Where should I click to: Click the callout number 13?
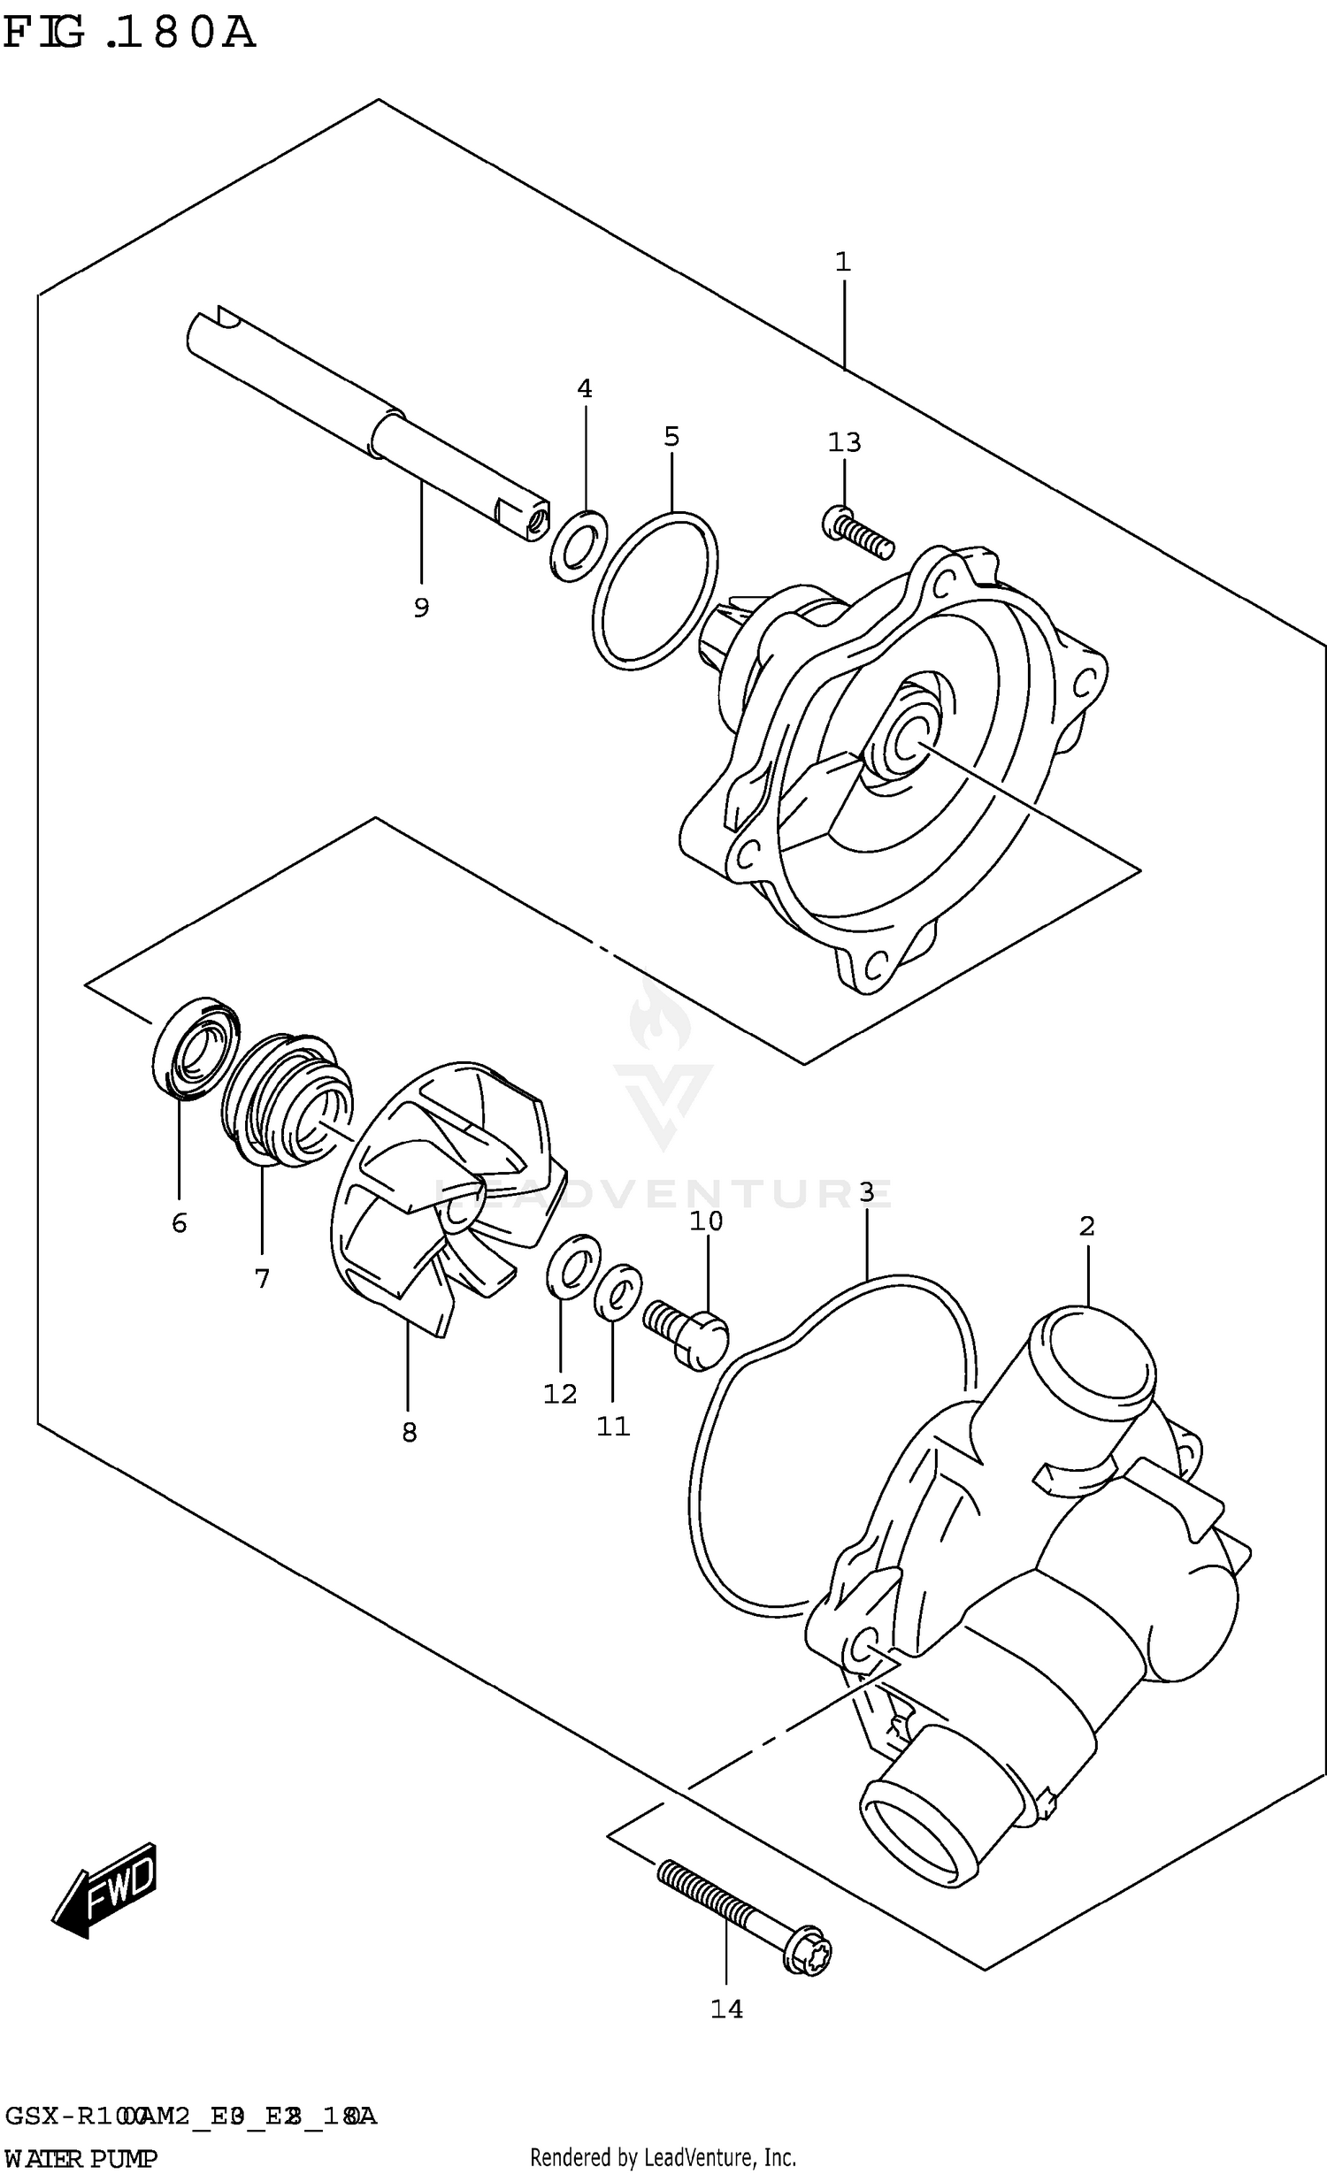[x=844, y=442]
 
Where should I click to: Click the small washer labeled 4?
[x=579, y=546]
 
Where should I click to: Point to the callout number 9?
[x=421, y=608]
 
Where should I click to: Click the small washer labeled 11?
[x=618, y=1290]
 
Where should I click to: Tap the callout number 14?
[x=726, y=2010]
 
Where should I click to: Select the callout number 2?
[x=1086, y=1226]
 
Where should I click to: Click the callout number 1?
[x=842, y=262]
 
